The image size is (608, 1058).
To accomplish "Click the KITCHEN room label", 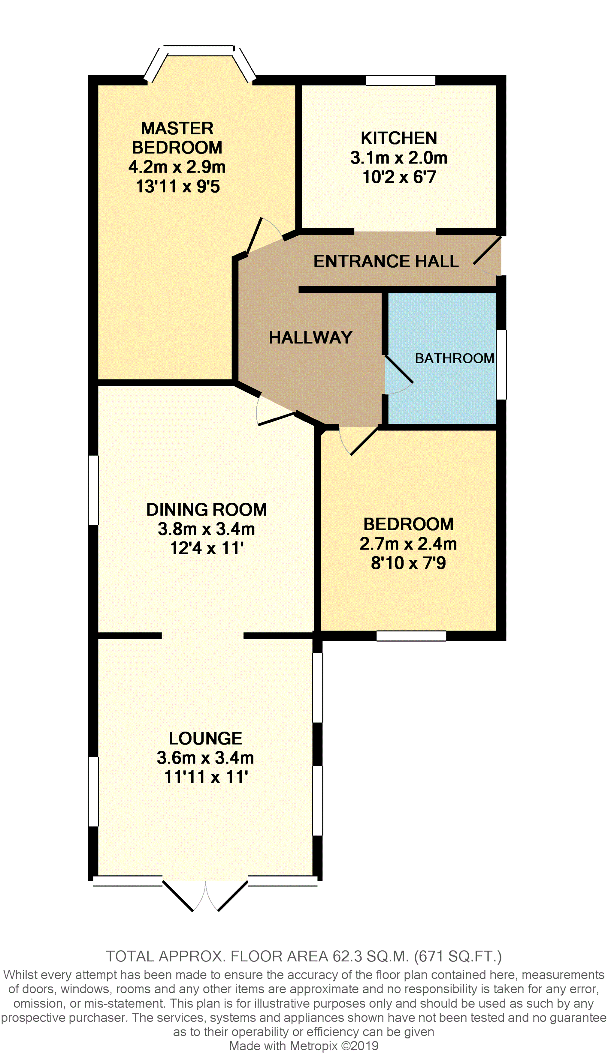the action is point(399,138).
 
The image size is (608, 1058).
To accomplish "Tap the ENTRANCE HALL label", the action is point(386,261).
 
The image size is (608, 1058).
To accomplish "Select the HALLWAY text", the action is point(311,337).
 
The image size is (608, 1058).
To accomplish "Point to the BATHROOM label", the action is point(454,358).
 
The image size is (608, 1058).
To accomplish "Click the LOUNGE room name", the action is point(205,739).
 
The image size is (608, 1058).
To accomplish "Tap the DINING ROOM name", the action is point(206,509).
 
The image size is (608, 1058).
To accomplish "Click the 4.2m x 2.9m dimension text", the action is point(177,167).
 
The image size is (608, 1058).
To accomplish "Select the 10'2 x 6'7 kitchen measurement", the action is point(399,177).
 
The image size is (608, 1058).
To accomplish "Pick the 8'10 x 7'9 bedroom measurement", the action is point(408,563).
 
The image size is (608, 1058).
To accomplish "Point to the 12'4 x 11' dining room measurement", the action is point(207,548).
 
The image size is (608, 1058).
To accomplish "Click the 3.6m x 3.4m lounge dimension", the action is point(205,758).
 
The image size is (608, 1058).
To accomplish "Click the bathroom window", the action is point(501,365).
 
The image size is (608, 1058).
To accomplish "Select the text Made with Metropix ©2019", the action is point(304,1046).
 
